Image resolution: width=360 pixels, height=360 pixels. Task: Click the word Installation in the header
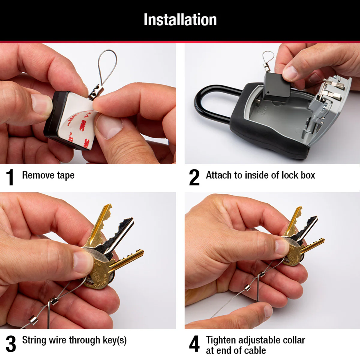coord(180,20)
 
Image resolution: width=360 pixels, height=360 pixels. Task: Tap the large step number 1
coord(10,177)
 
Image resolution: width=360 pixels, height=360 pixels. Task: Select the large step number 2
coord(194,177)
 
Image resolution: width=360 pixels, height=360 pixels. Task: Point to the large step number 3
coord(11,343)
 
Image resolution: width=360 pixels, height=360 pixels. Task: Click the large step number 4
coord(194,343)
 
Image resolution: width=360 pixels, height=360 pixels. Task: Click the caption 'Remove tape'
coord(48,175)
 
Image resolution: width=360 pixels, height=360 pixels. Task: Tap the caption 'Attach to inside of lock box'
coord(260,175)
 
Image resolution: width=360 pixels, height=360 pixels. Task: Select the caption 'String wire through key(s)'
coord(74,340)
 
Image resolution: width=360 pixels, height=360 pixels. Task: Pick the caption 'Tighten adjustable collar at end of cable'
coord(255,345)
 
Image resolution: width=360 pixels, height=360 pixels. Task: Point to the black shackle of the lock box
coord(210,102)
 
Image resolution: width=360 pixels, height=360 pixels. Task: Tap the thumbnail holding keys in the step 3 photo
coord(82,261)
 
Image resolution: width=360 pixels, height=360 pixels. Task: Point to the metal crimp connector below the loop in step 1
coord(95,92)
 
